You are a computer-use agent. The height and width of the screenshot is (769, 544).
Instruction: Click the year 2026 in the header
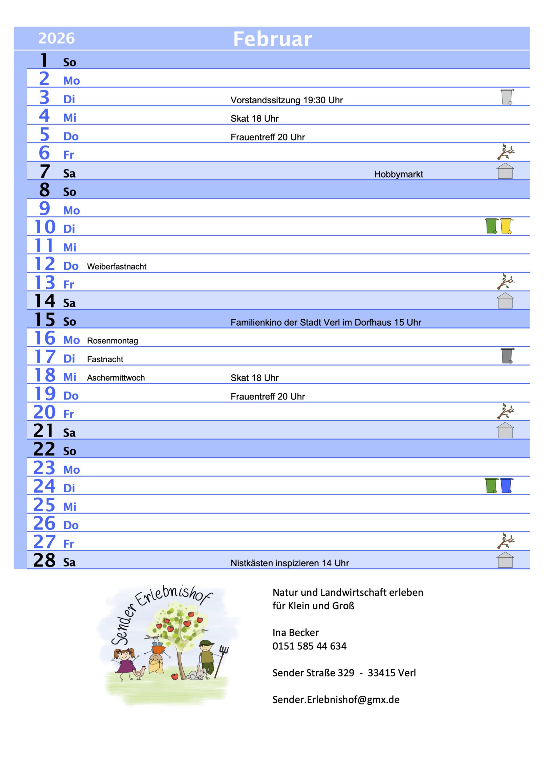(x=56, y=38)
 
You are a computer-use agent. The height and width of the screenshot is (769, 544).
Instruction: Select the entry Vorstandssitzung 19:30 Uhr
(x=286, y=100)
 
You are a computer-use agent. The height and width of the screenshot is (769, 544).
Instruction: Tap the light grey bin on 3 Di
(x=506, y=97)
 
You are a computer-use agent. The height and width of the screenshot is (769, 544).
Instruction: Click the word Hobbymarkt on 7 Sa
(x=398, y=174)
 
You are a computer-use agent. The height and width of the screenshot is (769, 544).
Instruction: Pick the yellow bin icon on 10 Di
(x=506, y=226)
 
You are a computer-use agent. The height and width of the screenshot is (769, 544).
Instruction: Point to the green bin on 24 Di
(x=491, y=485)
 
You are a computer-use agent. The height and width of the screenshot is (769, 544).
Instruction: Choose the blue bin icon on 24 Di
(x=506, y=485)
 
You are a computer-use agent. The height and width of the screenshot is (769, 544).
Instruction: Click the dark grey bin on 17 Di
(x=507, y=356)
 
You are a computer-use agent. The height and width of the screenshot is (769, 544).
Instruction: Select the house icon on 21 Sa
(x=505, y=430)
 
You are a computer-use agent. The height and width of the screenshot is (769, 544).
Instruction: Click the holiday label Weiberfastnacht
(x=116, y=267)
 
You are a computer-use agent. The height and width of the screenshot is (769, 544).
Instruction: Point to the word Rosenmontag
(x=112, y=341)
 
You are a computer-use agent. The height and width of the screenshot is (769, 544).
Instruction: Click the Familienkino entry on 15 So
(x=325, y=322)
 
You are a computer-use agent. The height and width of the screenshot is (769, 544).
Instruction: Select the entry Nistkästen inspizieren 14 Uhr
(x=289, y=563)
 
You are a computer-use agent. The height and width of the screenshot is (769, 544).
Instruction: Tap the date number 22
(x=44, y=449)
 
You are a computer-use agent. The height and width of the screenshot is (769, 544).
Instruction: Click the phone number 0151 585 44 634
(x=309, y=646)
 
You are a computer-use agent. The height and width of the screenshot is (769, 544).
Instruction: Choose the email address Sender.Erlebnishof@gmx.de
(x=336, y=699)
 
